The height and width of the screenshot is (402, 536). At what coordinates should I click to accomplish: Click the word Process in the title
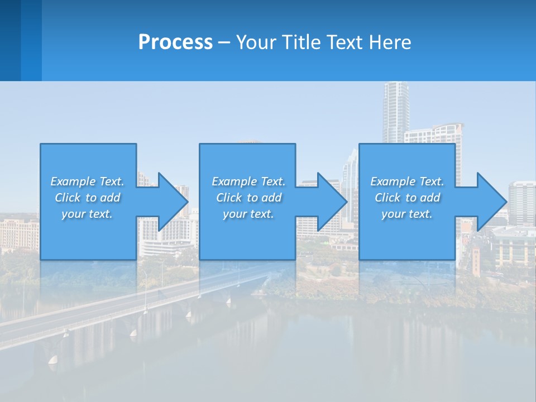click(x=175, y=42)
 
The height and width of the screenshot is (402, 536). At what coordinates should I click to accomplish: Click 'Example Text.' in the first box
click(x=87, y=181)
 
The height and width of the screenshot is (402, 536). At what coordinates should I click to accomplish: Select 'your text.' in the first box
click(x=87, y=214)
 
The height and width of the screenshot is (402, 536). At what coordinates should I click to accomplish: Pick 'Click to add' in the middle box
click(x=248, y=198)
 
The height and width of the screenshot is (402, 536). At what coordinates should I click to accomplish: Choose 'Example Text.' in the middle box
click(x=248, y=181)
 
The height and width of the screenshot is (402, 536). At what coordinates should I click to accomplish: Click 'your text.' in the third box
click(x=407, y=214)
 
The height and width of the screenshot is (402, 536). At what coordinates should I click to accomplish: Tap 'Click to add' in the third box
click(x=407, y=198)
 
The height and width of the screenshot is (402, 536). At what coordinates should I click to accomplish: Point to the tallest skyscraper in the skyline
click(x=395, y=112)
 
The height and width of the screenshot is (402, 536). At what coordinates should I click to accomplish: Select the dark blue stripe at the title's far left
click(x=10, y=40)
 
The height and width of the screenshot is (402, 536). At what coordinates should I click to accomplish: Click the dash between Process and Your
click(x=224, y=42)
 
